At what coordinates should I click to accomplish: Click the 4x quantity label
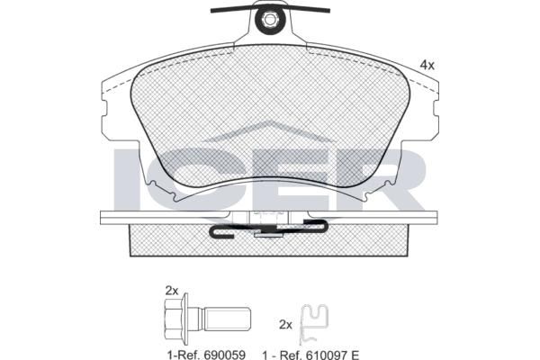(x=427, y=65)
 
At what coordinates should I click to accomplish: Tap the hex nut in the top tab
(x=268, y=20)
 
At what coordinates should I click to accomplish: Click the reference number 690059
(x=225, y=355)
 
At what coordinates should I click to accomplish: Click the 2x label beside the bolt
(x=172, y=291)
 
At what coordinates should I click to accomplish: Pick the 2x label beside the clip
(x=285, y=325)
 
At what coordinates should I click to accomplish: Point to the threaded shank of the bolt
(x=228, y=319)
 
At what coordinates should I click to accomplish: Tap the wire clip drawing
(x=313, y=324)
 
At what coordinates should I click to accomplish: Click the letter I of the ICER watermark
(x=126, y=179)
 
